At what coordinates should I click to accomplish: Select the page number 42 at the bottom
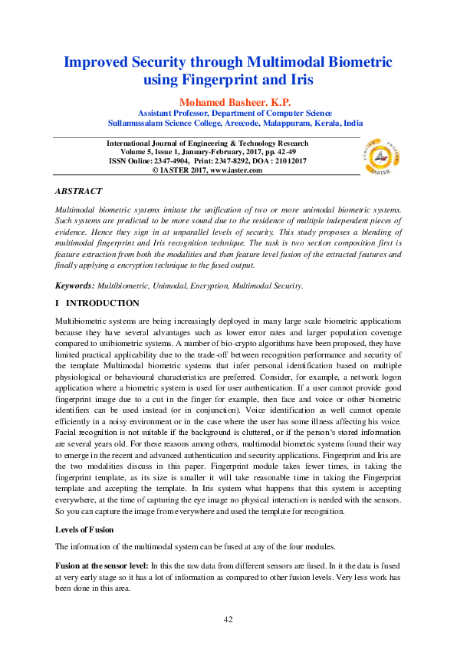pos(228,619)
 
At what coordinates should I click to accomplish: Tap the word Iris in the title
pos(299,79)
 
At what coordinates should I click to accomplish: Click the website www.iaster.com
pos(231,170)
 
